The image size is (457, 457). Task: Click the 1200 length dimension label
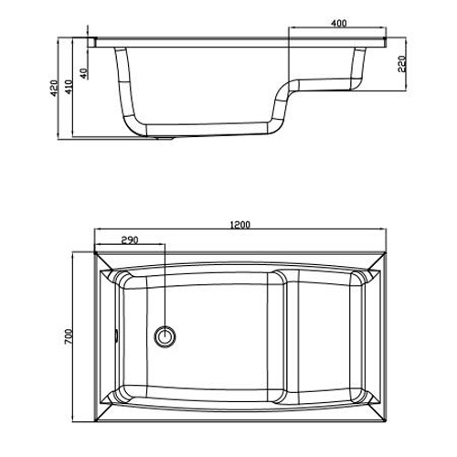click(240, 225)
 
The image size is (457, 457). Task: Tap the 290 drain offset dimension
click(130, 240)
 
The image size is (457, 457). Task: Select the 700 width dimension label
click(69, 336)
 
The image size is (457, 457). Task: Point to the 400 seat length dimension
click(339, 23)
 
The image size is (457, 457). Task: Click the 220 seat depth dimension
click(402, 64)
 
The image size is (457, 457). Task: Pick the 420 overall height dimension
click(54, 88)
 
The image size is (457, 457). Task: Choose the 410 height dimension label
click(69, 87)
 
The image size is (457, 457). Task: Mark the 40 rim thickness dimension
click(84, 73)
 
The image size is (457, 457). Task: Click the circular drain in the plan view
click(165, 336)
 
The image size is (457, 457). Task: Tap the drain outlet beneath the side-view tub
click(165, 138)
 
